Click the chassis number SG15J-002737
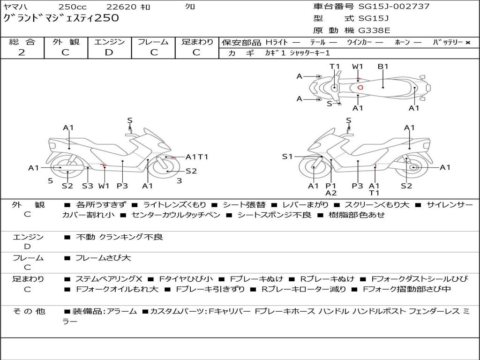(394, 7)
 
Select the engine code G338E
(374, 31)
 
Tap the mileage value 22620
(121, 7)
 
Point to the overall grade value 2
(22, 52)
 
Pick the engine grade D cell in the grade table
(109, 52)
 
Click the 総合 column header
(22, 42)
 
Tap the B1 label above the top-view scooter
(383, 67)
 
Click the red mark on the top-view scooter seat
(360, 87)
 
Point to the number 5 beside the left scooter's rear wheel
(50, 180)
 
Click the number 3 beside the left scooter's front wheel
(179, 180)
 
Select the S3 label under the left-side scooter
(88, 186)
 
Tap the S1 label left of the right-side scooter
(287, 157)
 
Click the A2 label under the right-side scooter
(331, 193)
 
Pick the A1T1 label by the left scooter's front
(197, 157)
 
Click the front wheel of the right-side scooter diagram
(313, 167)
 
